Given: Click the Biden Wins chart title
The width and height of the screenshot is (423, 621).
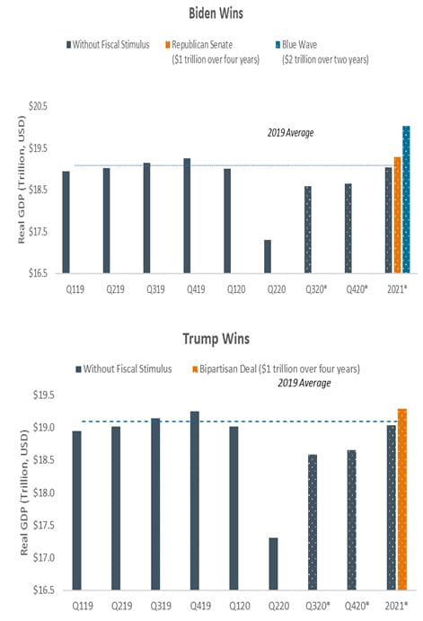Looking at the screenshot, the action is tap(216, 13).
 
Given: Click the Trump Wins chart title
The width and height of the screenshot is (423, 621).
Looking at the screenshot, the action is tap(216, 339).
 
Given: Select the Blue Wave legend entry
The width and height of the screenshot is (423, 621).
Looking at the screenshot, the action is tap(322, 52).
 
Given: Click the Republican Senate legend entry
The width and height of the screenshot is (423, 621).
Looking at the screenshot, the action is tap(213, 52).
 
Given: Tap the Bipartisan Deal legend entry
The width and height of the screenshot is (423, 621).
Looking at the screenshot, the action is tap(277, 369).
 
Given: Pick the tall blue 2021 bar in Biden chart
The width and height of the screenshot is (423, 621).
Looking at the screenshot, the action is tap(406, 200).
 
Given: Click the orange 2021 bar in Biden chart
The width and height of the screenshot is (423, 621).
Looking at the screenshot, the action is tap(397, 215).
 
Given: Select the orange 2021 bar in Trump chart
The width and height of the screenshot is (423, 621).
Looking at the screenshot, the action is tap(402, 499).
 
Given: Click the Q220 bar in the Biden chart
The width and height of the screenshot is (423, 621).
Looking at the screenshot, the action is tap(268, 256).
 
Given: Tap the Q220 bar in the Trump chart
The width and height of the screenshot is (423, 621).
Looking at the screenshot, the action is tap(273, 563).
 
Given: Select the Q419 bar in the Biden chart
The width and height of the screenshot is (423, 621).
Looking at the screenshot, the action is tap(187, 216).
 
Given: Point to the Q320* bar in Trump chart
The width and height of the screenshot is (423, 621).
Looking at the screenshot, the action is tap(313, 522).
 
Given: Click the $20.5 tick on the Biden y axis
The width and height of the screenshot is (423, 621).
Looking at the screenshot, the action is tap(38, 106).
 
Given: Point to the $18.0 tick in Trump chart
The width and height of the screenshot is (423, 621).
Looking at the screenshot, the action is tap(43, 492).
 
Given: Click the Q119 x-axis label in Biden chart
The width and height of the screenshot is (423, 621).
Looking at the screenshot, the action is tap(75, 289).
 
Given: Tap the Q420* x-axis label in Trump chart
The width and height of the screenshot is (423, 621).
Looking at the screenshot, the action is tap(357, 606).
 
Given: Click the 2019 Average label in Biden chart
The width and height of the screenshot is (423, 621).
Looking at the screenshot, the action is tap(290, 133).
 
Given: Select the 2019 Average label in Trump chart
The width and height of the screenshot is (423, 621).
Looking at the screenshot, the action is tap(304, 383).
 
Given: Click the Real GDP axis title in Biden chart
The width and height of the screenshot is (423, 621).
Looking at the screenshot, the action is tap(22, 180).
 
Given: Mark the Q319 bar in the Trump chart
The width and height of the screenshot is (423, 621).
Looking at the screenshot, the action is tap(155, 504).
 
